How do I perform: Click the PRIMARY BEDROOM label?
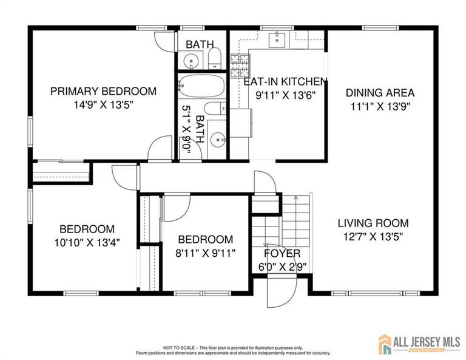[103, 91]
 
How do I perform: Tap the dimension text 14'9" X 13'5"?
[103, 104]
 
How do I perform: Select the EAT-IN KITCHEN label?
[285, 81]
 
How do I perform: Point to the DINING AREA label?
[380, 93]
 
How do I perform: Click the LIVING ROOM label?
[373, 223]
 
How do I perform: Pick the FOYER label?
[282, 253]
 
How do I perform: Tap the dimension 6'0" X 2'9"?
[282, 265]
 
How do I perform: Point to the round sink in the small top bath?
[191, 61]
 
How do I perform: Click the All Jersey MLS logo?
[419, 344]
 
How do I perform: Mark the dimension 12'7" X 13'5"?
[373, 236]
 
